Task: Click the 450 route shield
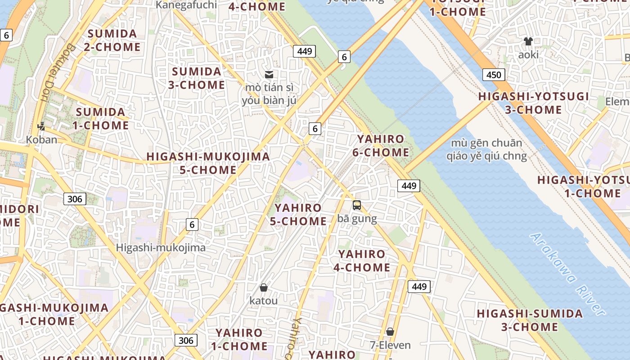(x=494, y=75)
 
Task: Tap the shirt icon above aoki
(x=528, y=41)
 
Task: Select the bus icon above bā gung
(x=357, y=205)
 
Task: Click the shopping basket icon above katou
(x=264, y=287)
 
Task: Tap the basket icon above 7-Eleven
(x=390, y=332)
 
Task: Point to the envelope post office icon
(x=269, y=75)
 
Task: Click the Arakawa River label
(x=567, y=274)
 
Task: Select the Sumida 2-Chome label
(x=112, y=40)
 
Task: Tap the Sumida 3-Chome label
(x=197, y=78)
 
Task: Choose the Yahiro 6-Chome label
(x=381, y=146)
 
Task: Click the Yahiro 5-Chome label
(x=298, y=214)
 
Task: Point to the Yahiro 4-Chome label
(x=362, y=261)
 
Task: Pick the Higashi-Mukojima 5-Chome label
(x=208, y=163)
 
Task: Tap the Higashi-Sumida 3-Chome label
(x=530, y=320)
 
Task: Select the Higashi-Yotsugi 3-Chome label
(x=533, y=103)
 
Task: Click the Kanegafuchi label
(x=186, y=5)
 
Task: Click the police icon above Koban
(x=41, y=126)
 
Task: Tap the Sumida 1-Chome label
(x=101, y=118)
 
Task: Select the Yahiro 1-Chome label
(x=238, y=339)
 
